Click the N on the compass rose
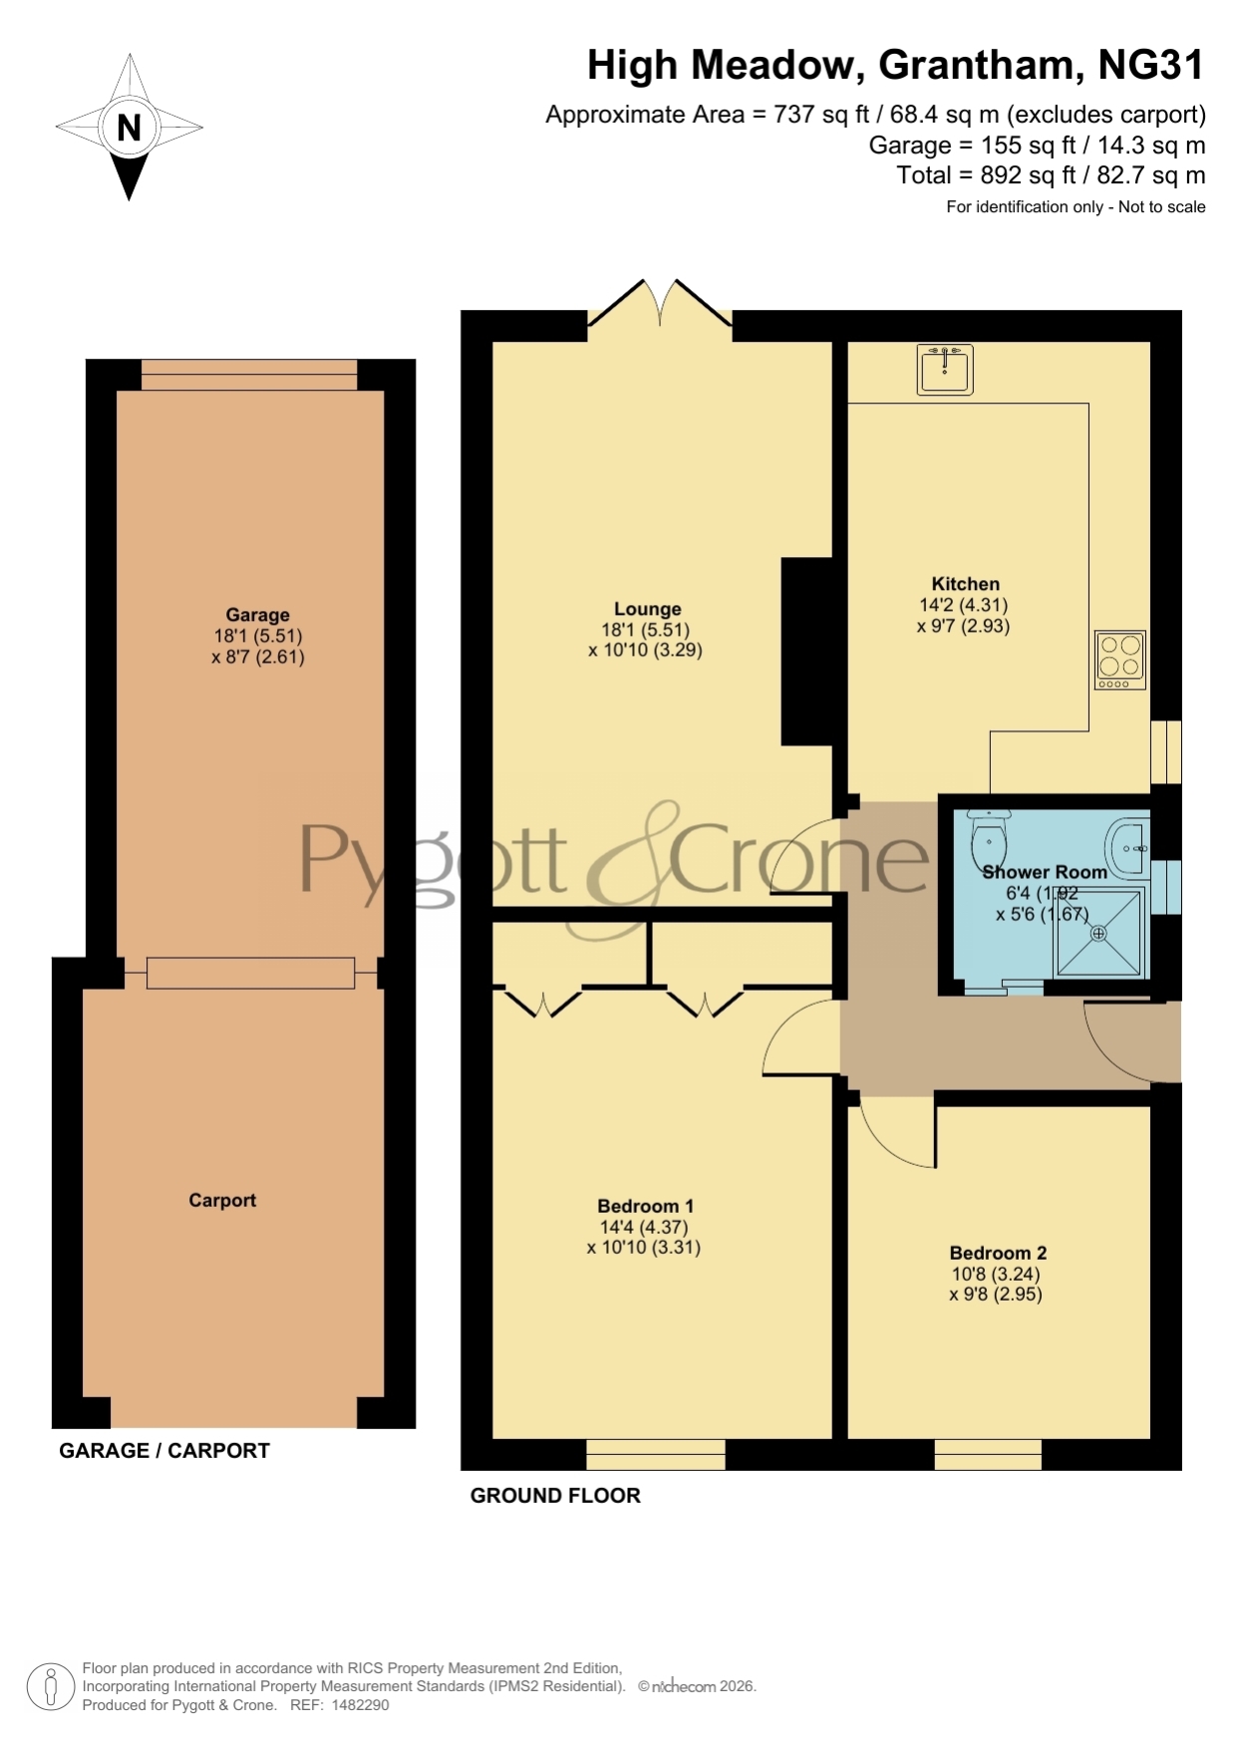click(x=129, y=128)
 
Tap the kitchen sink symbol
click(x=945, y=369)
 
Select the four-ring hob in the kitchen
click(x=1120, y=660)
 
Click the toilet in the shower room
click(x=989, y=837)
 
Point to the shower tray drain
click(x=1098, y=934)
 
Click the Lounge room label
click(x=647, y=609)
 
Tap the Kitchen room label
click(x=965, y=584)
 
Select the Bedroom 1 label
click(x=645, y=1206)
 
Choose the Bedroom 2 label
click(x=998, y=1253)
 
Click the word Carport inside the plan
click(x=222, y=1200)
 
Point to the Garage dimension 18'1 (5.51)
click(x=257, y=636)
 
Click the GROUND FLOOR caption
click(x=555, y=1495)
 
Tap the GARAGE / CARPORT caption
click(x=164, y=1450)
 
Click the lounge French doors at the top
click(x=660, y=303)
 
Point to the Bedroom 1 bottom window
click(x=656, y=1454)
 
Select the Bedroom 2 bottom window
click(x=988, y=1454)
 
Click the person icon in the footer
click(x=50, y=1687)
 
